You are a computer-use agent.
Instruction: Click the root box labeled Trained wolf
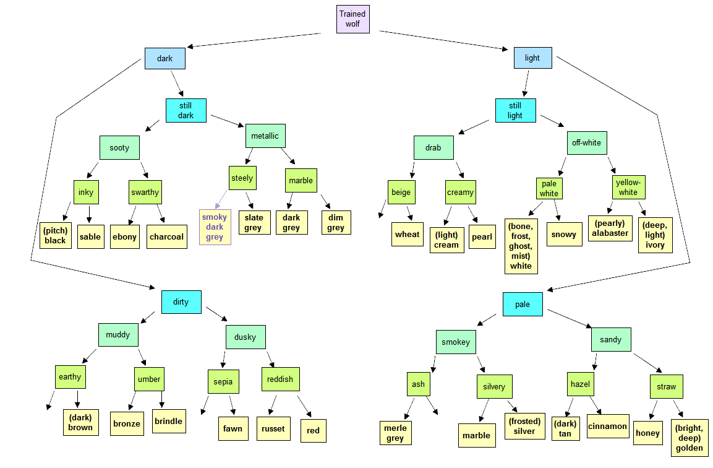pos(353,19)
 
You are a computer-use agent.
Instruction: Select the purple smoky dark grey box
pos(215,227)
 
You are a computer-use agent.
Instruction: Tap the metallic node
pos(265,136)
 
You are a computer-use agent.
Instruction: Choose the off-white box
pos(587,143)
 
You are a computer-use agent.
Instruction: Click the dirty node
pos(181,302)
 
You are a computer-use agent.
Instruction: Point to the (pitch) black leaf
pos(56,236)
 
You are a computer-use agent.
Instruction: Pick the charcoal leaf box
pos(167,236)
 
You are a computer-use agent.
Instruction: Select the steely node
pos(242,178)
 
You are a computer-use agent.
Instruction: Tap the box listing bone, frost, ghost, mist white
pos(521,246)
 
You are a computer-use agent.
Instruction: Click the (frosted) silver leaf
pos(525,426)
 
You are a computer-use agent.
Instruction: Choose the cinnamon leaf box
pos(608,426)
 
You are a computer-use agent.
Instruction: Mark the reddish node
pos(281,379)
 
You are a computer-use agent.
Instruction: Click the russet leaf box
pos(273,429)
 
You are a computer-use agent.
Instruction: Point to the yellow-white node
pos(628,187)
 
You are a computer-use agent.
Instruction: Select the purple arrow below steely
pos(221,199)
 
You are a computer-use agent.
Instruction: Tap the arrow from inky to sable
pos(89,214)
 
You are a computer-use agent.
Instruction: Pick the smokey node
pos(456,342)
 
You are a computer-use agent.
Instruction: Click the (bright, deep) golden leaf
pos(690,438)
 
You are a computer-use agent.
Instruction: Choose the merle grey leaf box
pos(396,433)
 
